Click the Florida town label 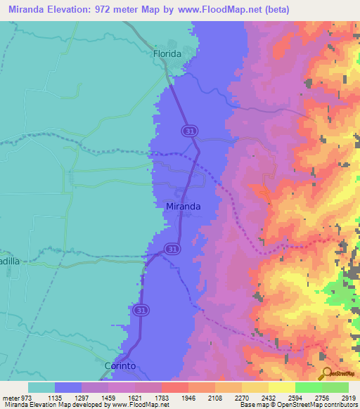coord(167,53)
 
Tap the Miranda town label coord(184,207)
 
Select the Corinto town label coord(120,366)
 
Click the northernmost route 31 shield coord(188,131)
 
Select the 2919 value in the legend coord(349,397)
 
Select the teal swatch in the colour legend coord(41,387)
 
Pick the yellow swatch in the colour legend coord(282,387)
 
